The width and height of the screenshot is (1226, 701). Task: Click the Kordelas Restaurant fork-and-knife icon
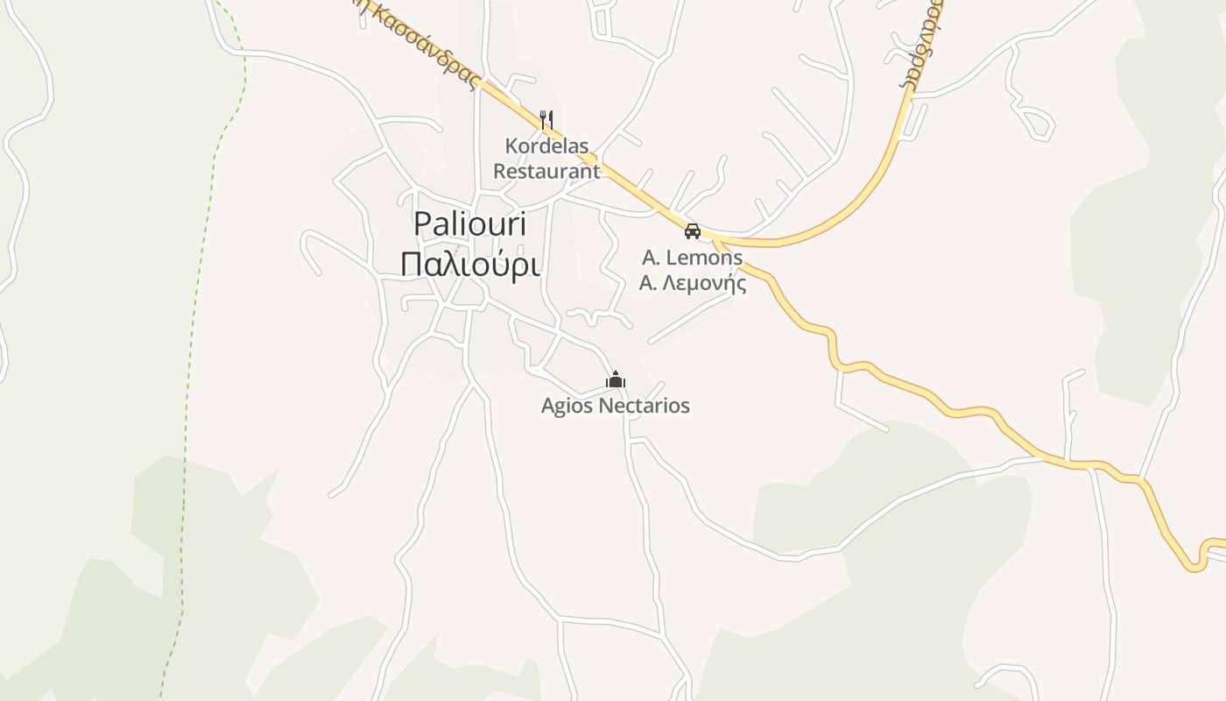pos(546,119)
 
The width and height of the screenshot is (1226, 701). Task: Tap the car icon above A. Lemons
pos(693,231)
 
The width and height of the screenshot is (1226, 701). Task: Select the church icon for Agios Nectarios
pos(616,380)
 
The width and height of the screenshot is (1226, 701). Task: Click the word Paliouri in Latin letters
pos(469,223)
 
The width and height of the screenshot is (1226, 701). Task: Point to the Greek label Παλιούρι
pos(469,264)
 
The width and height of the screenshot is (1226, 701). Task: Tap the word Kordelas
pos(546,145)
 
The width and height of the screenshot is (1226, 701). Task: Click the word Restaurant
pos(546,171)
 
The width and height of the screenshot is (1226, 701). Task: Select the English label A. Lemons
pos(692,258)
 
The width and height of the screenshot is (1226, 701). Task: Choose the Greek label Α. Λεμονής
pos(692,283)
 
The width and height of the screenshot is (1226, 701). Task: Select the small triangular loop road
pos(1034,123)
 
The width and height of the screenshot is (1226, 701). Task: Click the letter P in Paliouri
pos(423,223)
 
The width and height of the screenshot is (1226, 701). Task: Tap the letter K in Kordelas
pos(511,145)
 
